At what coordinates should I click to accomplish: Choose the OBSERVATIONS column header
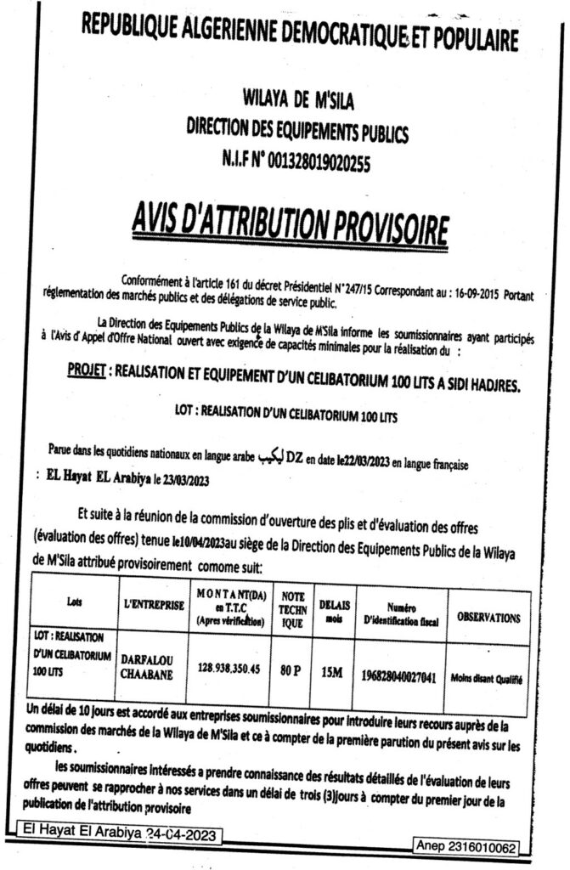(x=488, y=619)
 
